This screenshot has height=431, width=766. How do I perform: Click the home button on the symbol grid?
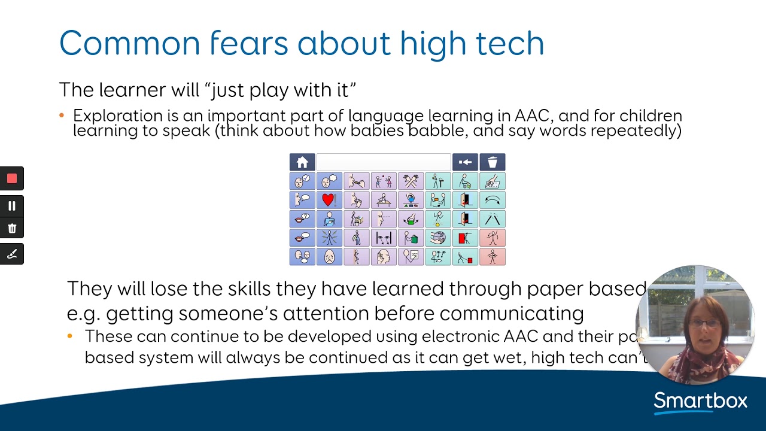point(302,162)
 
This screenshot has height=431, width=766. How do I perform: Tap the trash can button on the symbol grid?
point(492,162)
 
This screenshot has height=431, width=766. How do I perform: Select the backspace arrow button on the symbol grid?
point(465,162)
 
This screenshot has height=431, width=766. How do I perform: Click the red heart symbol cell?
point(329,200)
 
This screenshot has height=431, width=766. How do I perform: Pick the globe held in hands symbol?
point(437,238)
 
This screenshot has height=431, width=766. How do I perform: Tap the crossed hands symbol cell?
point(411,181)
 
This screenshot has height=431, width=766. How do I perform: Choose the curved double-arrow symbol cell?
point(492,200)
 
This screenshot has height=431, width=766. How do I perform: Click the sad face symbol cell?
point(329,257)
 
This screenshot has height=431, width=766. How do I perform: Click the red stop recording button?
point(12,178)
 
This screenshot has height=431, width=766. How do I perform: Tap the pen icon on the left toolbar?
point(12,254)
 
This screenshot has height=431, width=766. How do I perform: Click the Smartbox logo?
point(700,401)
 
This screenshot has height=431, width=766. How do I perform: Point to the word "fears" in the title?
point(251,43)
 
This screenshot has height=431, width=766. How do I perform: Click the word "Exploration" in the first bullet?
point(117,116)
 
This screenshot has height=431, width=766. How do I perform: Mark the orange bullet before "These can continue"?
point(70,336)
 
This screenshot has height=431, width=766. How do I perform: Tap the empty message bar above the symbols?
point(383,162)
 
